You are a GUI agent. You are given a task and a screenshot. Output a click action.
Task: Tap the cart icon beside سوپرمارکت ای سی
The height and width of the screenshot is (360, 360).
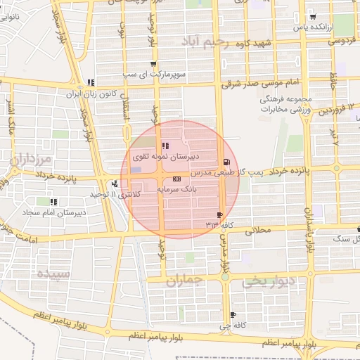(x=153, y=64)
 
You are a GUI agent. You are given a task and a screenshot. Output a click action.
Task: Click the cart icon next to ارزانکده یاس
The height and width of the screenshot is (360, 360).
(x=313, y=17)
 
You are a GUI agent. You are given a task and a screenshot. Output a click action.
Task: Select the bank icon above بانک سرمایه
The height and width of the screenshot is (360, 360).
(x=176, y=180)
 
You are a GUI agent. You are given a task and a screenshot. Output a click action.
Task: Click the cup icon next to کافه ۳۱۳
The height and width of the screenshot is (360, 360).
(x=220, y=215)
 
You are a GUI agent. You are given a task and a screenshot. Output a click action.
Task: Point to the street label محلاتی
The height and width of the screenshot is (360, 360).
(x=257, y=230)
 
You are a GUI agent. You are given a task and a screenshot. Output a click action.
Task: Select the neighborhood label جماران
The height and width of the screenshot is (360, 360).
(x=185, y=280)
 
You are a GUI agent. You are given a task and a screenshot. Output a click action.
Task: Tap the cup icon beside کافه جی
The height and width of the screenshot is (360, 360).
(x=233, y=314)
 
